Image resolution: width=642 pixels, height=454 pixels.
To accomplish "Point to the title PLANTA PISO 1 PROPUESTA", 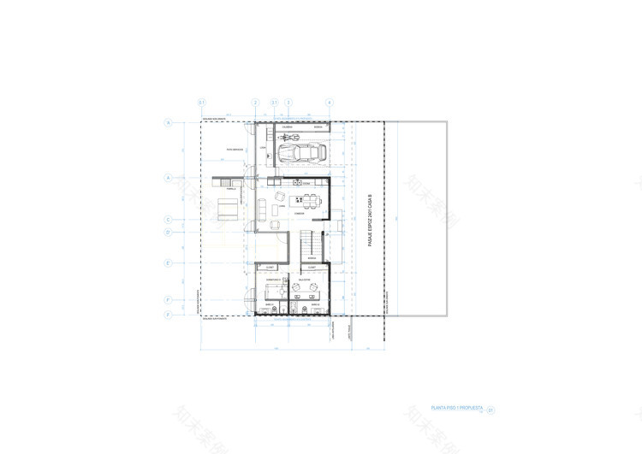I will [458, 409].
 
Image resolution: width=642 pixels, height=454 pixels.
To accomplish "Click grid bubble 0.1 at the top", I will [201, 103].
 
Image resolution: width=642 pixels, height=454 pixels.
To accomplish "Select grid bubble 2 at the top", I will [255, 103].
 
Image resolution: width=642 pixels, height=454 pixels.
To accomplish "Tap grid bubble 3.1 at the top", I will [274, 103].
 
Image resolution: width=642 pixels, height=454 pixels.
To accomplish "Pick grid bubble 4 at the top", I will [329, 103].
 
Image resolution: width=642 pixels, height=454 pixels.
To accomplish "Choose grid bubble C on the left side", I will [169, 218].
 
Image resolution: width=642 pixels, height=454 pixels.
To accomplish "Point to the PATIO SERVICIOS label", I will [235, 150].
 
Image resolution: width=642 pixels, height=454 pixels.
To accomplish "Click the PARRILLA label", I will [231, 189].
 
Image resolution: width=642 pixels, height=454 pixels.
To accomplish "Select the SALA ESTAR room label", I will [305, 279].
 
